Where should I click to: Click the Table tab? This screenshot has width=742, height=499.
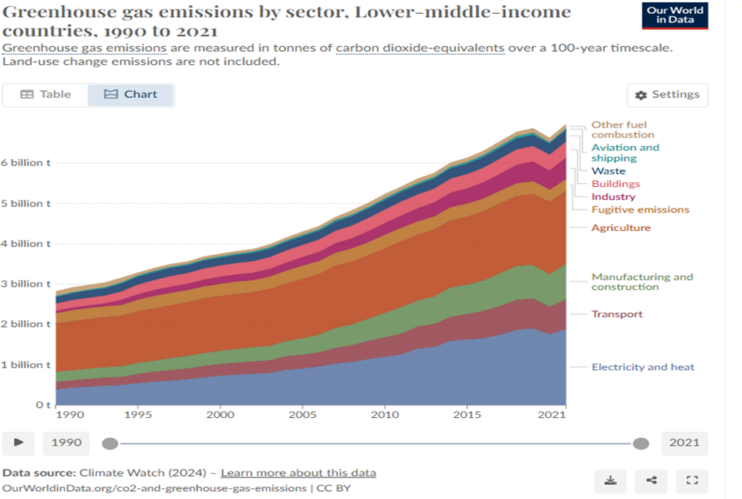coord(46,94)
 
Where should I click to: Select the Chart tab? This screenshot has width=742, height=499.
coord(131,94)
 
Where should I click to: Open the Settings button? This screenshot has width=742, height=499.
coord(667,95)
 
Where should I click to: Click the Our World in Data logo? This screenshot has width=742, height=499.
coord(674,15)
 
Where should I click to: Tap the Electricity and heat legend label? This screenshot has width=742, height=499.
coord(643,367)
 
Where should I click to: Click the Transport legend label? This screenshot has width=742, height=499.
coord(616,314)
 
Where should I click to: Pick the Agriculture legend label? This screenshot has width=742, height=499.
coord(621,228)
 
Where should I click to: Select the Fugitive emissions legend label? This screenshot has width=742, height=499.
coord(640,209)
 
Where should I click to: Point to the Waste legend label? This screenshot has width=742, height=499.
coord(609,171)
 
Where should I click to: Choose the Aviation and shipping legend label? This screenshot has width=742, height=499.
coord(625,153)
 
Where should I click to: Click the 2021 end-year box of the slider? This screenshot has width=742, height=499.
coord(684,443)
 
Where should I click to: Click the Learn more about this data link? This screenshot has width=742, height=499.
coord(298,473)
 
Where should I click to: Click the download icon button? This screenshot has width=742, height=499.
coord(610,480)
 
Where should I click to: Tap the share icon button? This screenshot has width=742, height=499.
coord(651,480)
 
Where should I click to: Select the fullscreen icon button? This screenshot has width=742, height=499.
coord(692,480)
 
